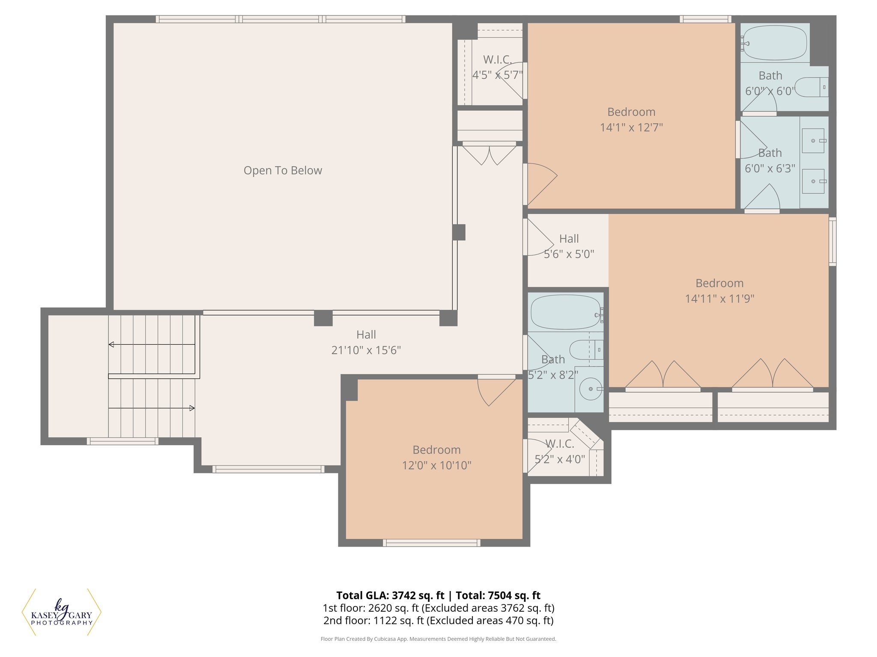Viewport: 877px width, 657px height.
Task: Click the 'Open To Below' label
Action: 283,170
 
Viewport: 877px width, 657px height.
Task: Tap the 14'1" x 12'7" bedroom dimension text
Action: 631,127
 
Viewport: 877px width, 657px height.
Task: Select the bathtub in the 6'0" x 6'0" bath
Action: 775,42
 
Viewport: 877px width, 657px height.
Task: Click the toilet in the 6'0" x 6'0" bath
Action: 811,87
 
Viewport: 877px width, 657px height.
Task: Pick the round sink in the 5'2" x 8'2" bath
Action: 591,389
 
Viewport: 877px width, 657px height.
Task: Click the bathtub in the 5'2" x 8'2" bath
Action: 565,312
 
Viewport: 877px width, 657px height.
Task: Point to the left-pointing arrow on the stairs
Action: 111,344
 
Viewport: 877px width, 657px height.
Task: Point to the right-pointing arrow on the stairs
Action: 192,408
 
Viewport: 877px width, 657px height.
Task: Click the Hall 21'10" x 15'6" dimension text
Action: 366,350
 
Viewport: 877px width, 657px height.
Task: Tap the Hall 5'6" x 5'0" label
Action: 569,239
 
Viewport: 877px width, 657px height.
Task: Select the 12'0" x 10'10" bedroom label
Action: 436,450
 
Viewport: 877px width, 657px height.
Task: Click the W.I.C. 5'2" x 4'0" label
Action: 560,444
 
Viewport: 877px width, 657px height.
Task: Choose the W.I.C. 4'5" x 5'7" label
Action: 497,59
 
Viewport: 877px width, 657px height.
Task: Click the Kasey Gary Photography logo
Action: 62,612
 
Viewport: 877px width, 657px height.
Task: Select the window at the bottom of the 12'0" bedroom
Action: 431,543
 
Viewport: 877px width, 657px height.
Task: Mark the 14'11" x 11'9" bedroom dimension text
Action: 719,299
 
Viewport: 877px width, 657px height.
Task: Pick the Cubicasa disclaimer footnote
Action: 438,639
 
